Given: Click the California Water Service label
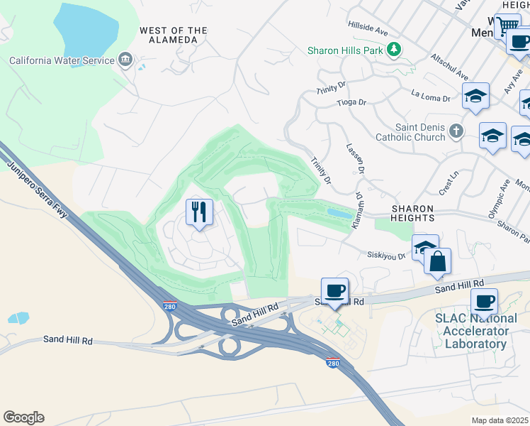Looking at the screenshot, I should pos(62,60).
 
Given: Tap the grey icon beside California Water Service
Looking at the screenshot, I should pos(125,58).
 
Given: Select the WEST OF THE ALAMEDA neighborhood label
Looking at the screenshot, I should pos(174,35).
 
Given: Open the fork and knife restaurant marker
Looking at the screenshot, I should pos(199,211).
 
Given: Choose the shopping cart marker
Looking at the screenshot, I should pos(507,26).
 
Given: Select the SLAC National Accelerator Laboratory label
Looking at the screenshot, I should pos(476,331).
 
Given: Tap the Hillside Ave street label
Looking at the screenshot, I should pos(368,28).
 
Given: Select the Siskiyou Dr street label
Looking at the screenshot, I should pos(385,255).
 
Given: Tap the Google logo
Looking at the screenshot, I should pos(23,417).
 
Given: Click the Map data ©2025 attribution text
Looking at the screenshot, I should pos(500,420).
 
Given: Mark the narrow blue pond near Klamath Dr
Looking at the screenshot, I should pos(339,213).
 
